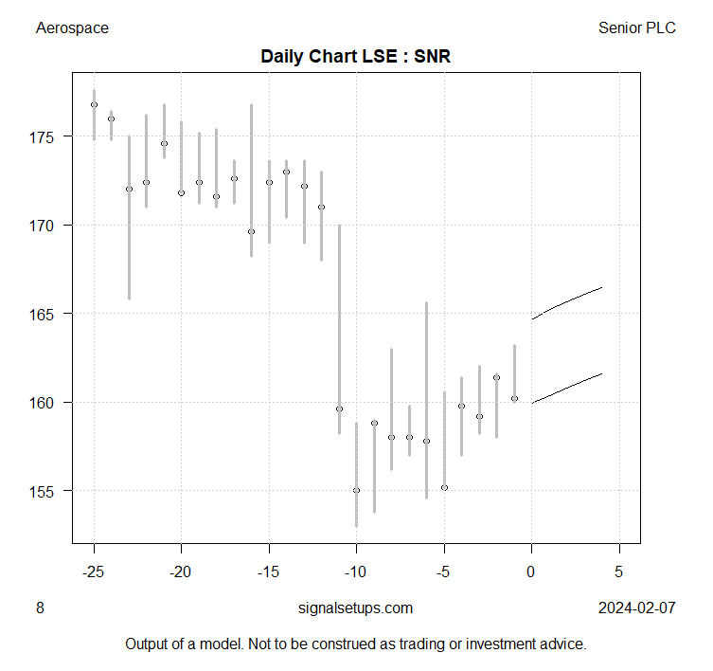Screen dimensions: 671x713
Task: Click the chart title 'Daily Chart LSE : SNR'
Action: [x=356, y=57]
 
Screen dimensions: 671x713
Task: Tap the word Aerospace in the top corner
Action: [x=72, y=27]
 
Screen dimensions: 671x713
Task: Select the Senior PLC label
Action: [x=636, y=27]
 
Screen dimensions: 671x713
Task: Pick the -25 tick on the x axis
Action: [x=94, y=571]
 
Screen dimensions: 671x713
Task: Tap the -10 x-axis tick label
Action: [x=356, y=571]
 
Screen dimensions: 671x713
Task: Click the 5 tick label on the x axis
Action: [x=619, y=571]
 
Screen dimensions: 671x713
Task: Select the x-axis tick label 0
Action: [x=531, y=571]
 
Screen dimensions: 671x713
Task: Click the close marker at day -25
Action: [x=94, y=104]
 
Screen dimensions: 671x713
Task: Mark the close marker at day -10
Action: [x=356, y=490]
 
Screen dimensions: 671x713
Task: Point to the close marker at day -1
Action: [x=514, y=398]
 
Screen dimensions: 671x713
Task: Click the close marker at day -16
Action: [x=251, y=231]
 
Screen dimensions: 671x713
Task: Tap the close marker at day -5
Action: [x=444, y=487]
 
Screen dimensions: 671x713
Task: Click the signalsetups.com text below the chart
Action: [x=355, y=608]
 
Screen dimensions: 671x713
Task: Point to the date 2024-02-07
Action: [x=636, y=608]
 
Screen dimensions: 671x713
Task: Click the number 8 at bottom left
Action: [x=40, y=608]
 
